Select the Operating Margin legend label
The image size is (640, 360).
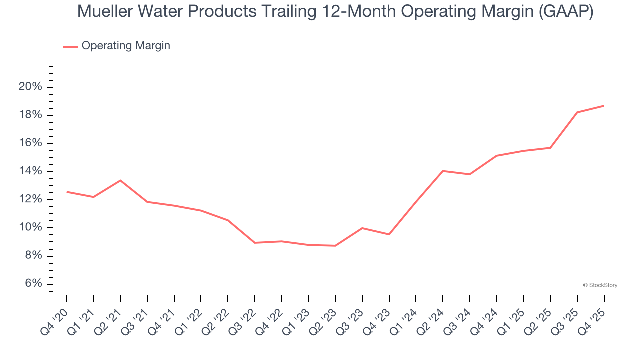point(126,46)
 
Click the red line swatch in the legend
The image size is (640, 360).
point(70,46)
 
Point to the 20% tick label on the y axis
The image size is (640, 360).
point(31,87)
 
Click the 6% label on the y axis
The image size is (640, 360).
point(33,284)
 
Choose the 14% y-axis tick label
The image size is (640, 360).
point(31,171)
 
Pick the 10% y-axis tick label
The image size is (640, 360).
point(31,228)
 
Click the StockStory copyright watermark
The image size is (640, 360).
point(600,285)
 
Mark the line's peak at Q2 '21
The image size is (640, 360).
point(120,180)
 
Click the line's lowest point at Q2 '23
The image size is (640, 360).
point(335,246)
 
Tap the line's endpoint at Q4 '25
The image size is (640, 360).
point(604,106)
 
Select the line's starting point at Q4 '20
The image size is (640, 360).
point(67,192)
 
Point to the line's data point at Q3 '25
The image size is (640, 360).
point(577,112)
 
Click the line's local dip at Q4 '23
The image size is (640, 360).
point(389,234)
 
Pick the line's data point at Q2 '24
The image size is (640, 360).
point(443,171)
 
